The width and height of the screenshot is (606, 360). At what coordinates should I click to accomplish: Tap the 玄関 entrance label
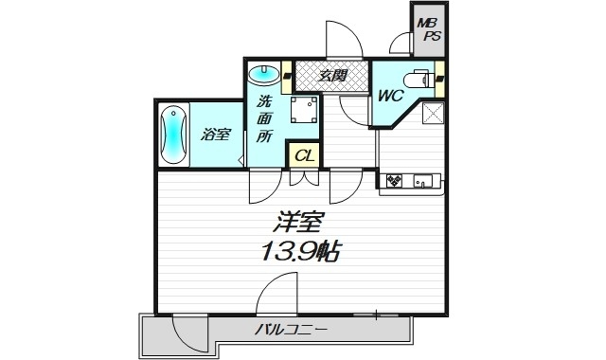pyautogui.click(x=330, y=74)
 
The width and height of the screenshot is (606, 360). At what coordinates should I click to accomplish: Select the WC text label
pyautogui.click(x=391, y=96)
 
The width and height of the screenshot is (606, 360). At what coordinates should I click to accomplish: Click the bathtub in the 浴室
pyautogui.click(x=176, y=135)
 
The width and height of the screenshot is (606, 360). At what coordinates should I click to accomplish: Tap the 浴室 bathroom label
pyautogui.click(x=215, y=135)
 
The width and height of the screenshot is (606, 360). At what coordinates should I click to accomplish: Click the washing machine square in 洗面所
pyautogui.click(x=303, y=111)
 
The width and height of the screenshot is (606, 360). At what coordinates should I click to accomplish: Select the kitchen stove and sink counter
pyautogui.click(x=408, y=179)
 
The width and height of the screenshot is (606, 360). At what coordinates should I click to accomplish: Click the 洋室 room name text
pyautogui.click(x=300, y=225)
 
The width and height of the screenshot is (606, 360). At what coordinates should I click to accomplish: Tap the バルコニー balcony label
pyautogui.click(x=291, y=331)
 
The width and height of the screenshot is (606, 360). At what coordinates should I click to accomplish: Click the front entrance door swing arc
pyautogui.click(x=342, y=38)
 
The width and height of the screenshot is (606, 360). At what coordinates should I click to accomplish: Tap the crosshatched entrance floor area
pyautogui.click(x=330, y=74)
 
